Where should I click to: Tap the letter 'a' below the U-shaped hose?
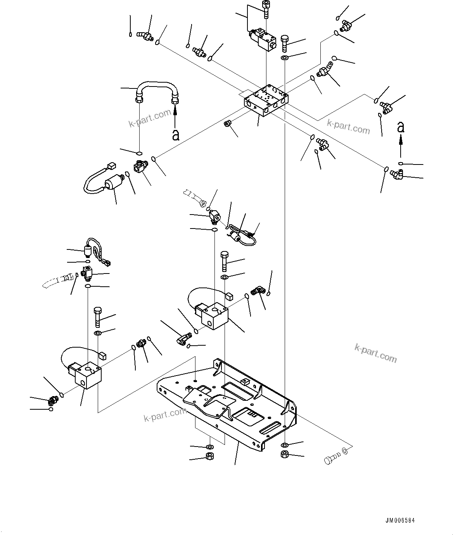176,135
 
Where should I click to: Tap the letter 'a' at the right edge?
401,127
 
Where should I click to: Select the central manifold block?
266,100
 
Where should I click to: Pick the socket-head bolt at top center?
266,10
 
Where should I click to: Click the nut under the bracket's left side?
209,457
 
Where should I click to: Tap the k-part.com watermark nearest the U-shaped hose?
150,118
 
